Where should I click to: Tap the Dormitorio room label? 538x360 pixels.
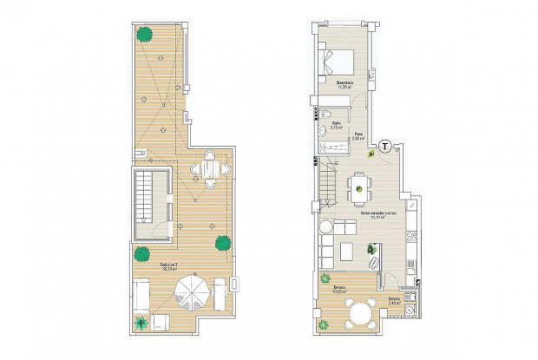[345, 84]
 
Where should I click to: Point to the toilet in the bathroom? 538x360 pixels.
[324, 113]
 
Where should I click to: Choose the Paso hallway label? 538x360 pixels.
[358, 134]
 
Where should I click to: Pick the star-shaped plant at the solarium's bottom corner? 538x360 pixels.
[141, 324]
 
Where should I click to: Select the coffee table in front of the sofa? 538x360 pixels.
[344, 252]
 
